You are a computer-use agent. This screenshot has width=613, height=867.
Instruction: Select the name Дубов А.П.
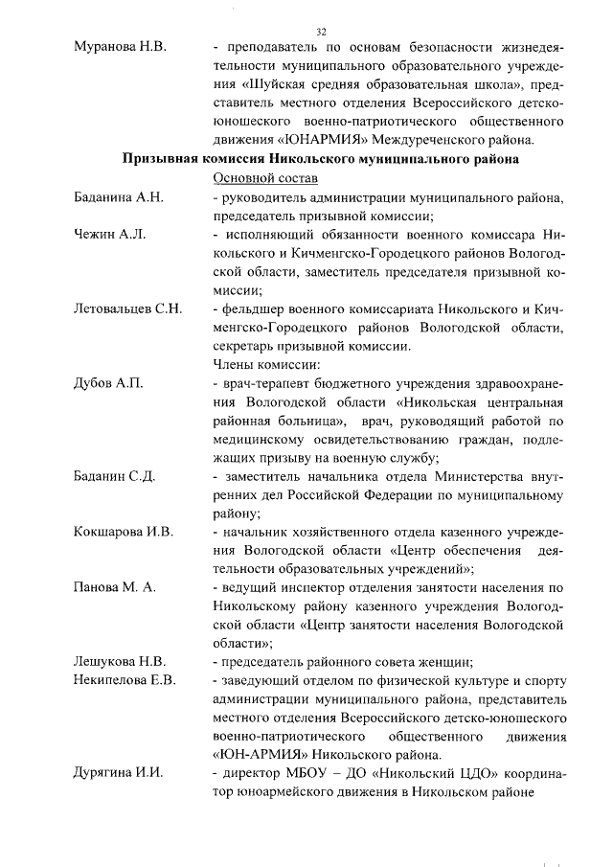pos(108,383)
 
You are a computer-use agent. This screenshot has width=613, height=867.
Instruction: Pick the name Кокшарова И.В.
pos(124,531)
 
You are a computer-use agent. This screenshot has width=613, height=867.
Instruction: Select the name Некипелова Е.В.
pos(125,679)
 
